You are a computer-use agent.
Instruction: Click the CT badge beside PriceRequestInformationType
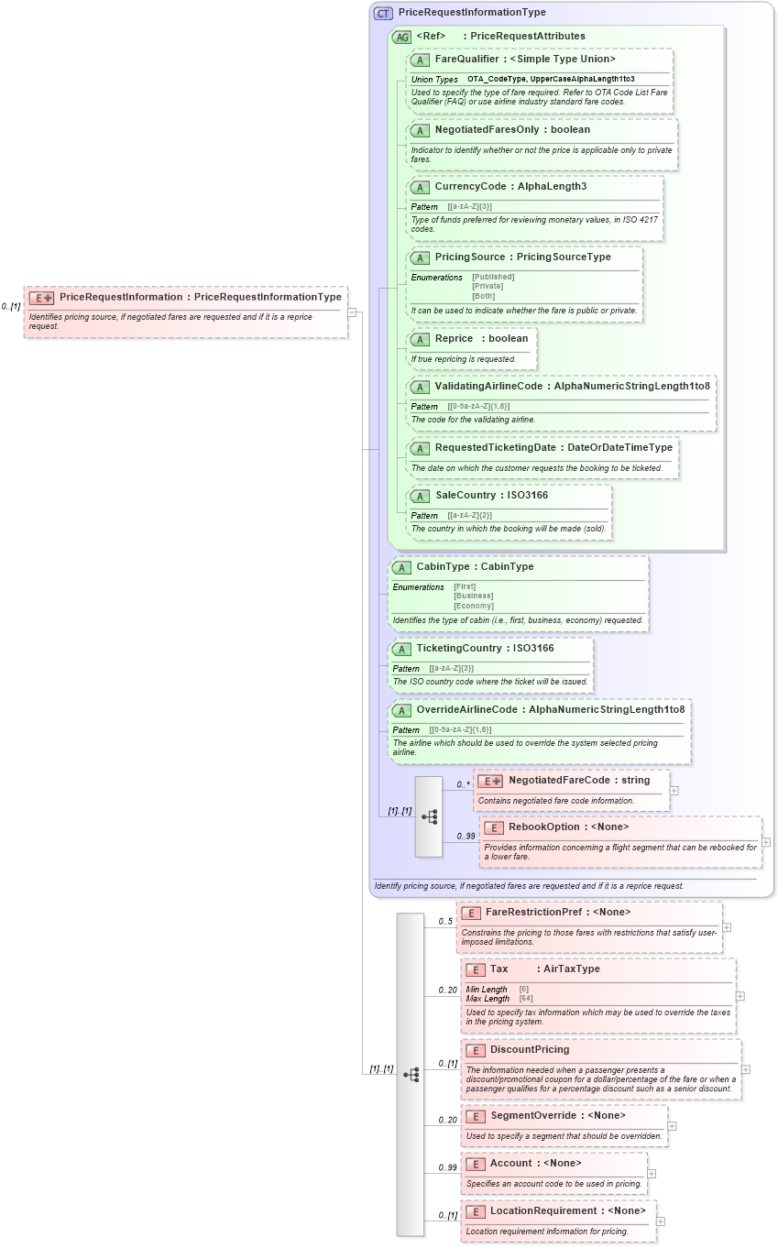point(383,13)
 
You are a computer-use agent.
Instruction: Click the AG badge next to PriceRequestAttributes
point(401,37)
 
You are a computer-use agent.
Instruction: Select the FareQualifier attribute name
point(467,60)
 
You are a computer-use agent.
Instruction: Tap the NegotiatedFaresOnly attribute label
point(487,130)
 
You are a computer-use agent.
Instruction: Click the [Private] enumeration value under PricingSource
point(488,286)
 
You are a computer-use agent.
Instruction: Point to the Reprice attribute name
point(454,339)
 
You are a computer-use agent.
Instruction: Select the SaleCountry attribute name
point(465,496)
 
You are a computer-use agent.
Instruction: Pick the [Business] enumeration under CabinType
point(474,596)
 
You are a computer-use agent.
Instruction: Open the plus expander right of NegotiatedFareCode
point(674,790)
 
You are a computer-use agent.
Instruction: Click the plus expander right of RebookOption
point(766,842)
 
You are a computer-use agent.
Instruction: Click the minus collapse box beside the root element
point(351,312)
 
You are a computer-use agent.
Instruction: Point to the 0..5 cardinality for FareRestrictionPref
point(445,922)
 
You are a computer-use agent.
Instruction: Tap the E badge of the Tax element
point(475,969)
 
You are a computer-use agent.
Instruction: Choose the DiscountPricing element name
point(530,1050)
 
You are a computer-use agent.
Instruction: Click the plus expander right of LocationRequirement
point(661,1221)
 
